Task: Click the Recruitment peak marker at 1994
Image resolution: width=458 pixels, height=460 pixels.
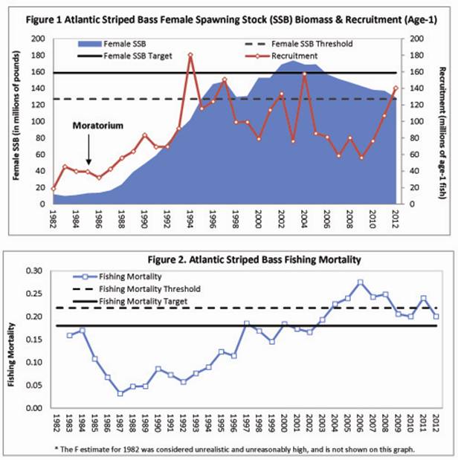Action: pyautogui.click(x=191, y=56)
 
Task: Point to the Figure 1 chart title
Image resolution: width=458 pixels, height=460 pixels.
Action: pyautogui.click(x=228, y=18)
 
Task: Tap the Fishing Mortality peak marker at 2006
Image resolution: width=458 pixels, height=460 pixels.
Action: pyautogui.click(x=361, y=282)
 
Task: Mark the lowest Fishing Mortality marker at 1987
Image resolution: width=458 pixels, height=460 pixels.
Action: pyautogui.click(x=120, y=393)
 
